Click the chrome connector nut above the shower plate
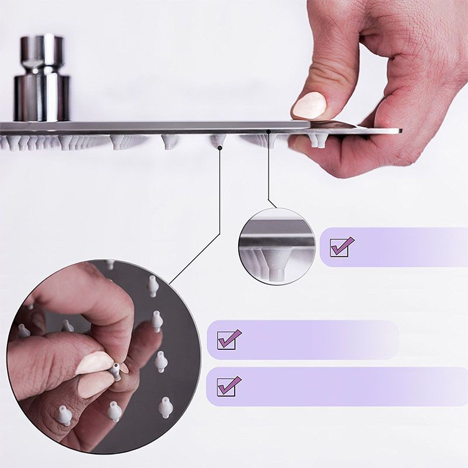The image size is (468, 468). click(x=42, y=79)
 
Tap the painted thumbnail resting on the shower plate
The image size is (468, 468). click(x=309, y=106)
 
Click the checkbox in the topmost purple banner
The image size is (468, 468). click(x=341, y=246)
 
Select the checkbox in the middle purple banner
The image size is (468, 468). click(x=228, y=339)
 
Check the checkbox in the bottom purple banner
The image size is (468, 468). click(x=228, y=386)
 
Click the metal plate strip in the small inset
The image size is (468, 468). click(x=276, y=240)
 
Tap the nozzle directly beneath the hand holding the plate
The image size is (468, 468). click(x=319, y=140)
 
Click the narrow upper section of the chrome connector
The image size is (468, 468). click(x=42, y=50)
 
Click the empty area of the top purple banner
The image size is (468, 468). click(x=404, y=246)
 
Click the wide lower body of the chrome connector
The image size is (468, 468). click(x=42, y=97)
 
